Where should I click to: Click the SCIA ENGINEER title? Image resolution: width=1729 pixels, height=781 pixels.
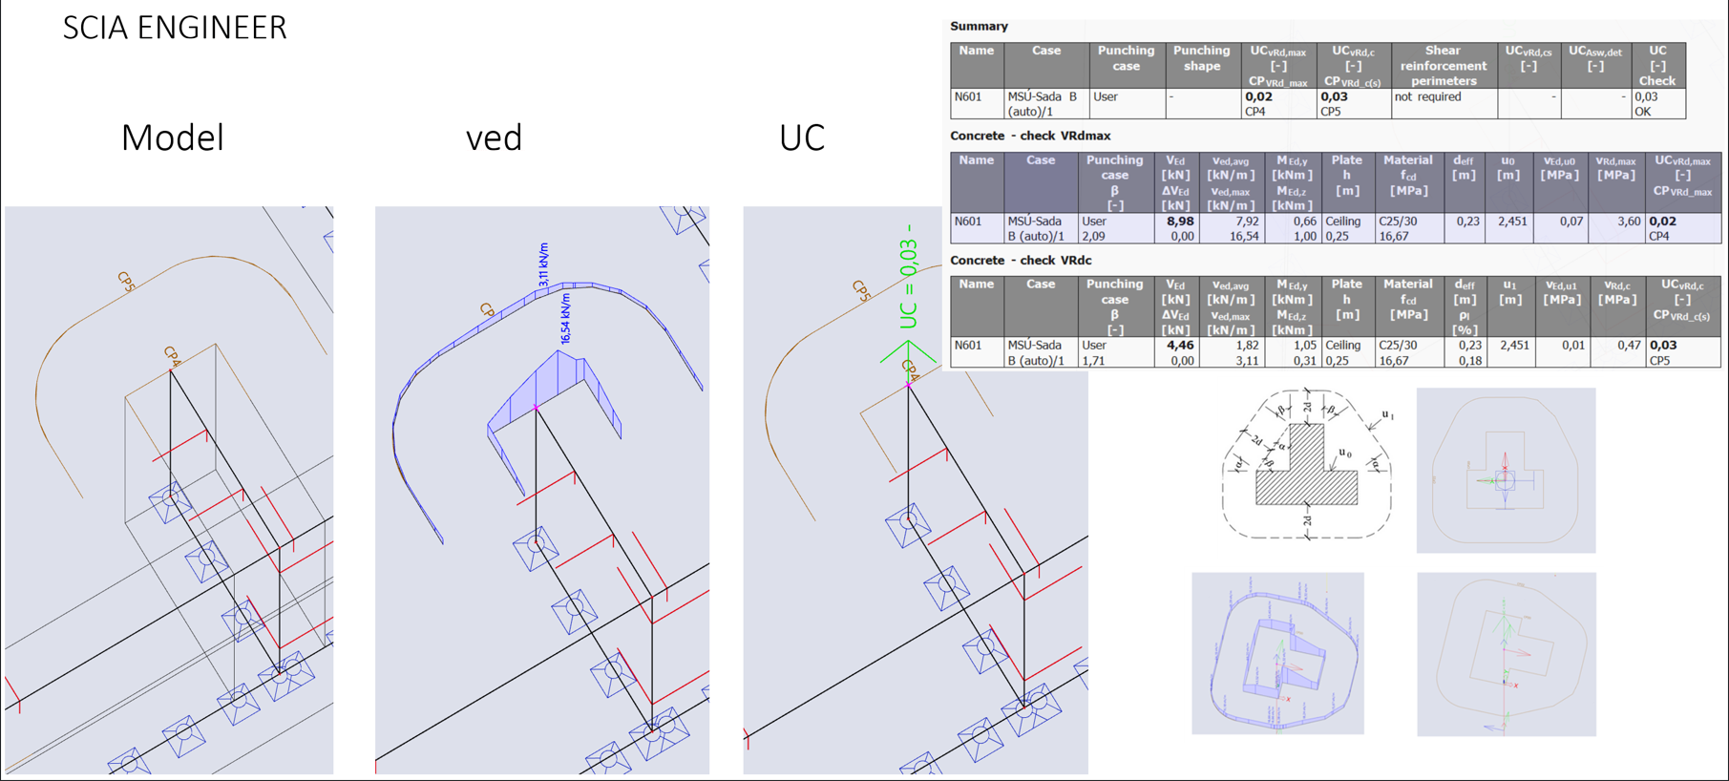click(175, 28)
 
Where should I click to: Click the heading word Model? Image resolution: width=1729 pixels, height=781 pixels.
click(172, 138)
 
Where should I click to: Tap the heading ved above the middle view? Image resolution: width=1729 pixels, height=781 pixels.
click(494, 138)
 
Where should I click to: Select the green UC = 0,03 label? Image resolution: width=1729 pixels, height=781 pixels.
click(908, 277)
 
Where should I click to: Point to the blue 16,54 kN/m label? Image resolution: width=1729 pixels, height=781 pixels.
click(566, 319)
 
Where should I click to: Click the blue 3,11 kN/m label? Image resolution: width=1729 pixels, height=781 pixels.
click(543, 264)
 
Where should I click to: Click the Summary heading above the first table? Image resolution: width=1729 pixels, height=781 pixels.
click(979, 27)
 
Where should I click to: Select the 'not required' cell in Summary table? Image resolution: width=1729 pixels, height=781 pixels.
click(1427, 97)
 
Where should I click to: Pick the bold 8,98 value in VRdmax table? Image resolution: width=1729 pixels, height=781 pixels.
click(1179, 222)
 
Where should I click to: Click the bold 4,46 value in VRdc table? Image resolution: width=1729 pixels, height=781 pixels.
click(1179, 346)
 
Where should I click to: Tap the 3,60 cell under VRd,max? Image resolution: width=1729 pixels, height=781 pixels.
click(1628, 222)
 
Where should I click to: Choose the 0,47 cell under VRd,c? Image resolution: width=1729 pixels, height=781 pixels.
click(1628, 346)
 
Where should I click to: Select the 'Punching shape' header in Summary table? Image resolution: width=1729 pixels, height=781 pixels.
click(1201, 58)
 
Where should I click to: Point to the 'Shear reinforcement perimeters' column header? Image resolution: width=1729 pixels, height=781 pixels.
click(1443, 65)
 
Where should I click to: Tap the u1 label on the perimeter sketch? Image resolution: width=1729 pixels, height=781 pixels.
click(1386, 415)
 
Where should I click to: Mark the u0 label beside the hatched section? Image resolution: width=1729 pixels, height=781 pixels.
click(1344, 454)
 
